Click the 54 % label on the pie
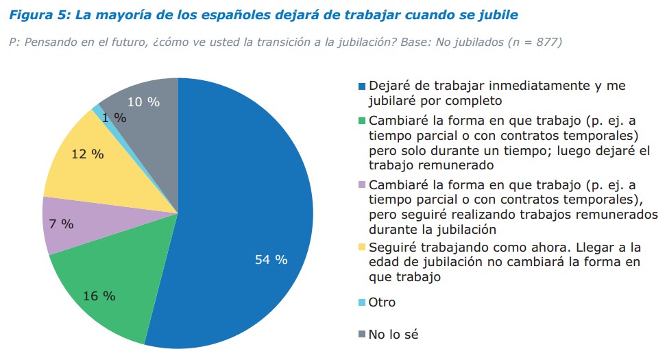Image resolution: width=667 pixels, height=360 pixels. pos(271,260)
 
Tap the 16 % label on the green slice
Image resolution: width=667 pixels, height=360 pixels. pos(99,296)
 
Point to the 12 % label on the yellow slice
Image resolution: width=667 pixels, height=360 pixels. pos(87,154)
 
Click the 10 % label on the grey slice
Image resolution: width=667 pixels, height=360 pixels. pos(143,102)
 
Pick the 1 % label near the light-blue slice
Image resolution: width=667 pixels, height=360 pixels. pos(114,118)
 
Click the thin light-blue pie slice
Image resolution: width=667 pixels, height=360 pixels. pos(97,110)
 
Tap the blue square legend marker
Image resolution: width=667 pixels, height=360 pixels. pos(362,87)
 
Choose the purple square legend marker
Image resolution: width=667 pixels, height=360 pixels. pos(362,186)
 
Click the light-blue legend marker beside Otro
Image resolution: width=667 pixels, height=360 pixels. pos(362,302)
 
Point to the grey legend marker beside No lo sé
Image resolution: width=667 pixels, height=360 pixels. pos(362,335)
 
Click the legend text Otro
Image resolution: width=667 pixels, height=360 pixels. pos(382,302)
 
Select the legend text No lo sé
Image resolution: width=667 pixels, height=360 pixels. pos(393,335)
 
